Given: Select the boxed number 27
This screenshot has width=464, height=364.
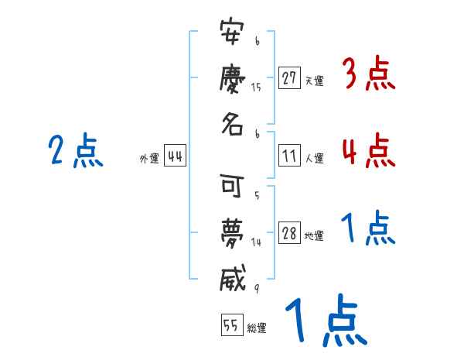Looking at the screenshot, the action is tap(289, 78).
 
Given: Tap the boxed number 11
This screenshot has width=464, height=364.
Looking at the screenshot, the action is tap(289, 156).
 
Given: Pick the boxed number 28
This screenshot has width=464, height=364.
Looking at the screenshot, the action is tap(289, 234).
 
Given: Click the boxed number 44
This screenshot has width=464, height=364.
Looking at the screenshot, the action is tap(175, 156).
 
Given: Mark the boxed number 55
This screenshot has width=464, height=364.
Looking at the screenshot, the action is tap(231, 325).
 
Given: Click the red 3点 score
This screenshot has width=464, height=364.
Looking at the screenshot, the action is tap(368, 75).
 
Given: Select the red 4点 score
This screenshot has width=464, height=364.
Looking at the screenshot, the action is tap(368, 150).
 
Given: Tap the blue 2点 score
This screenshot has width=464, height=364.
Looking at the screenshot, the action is tap(75, 150).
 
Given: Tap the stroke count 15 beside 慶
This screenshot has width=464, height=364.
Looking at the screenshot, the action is tap(256, 88).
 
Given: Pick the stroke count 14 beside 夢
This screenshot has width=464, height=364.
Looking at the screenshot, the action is tap(256, 242).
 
